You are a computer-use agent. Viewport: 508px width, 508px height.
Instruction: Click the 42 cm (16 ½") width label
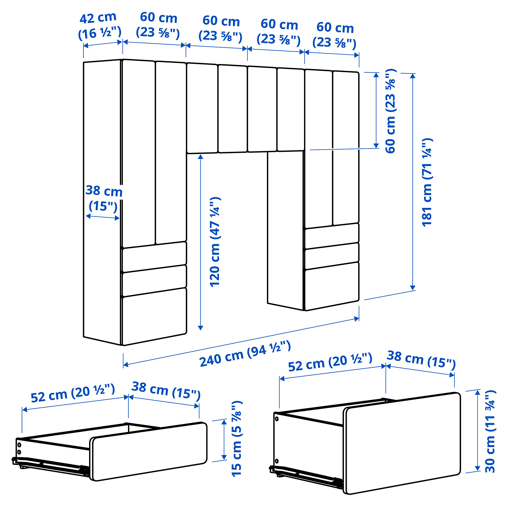pyautogui.click(x=100, y=26)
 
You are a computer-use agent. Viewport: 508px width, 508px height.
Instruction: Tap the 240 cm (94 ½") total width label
pyautogui.click(x=245, y=353)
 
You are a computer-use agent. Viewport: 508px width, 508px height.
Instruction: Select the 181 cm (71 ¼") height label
pyautogui.click(x=427, y=182)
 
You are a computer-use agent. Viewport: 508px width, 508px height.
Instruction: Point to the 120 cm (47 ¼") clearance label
pyautogui.click(x=215, y=241)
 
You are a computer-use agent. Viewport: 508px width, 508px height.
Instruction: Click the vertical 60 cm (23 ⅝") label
pyautogui.click(x=390, y=111)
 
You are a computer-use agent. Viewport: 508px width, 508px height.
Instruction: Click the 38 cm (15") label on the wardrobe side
pyautogui.click(x=104, y=198)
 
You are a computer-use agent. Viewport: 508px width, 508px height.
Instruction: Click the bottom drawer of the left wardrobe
pyautogui.click(x=154, y=317)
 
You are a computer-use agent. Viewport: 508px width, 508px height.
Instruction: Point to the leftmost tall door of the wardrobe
pyautogui.click(x=139, y=154)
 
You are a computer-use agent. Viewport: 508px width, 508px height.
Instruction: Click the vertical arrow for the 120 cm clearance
pyautogui.click(x=201, y=242)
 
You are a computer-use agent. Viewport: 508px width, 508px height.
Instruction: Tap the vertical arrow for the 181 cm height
pyautogui.click(x=412, y=182)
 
